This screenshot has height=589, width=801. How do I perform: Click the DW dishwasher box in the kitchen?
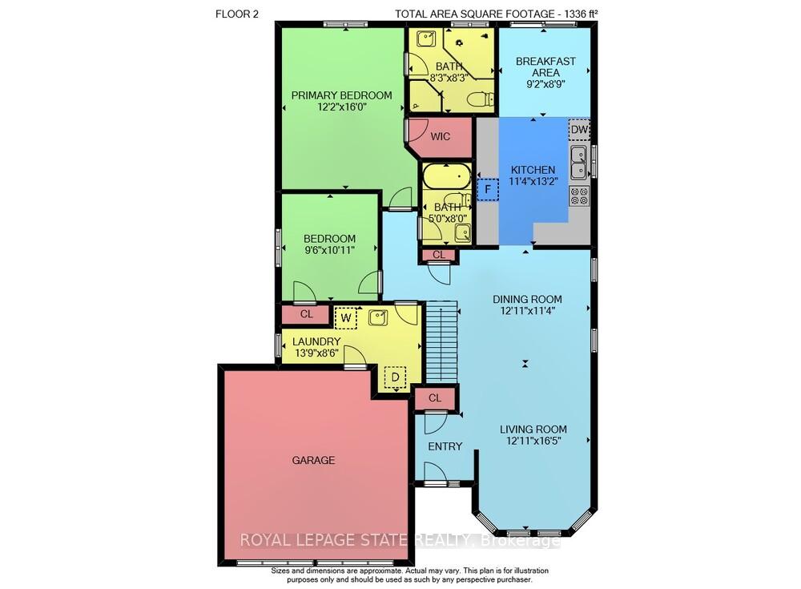click(x=579, y=129)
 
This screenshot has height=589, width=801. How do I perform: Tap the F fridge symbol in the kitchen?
click(x=488, y=190)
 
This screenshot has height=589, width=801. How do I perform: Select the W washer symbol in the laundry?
click(x=346, y=317)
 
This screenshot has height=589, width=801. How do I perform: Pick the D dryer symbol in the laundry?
click(x=395, y=377)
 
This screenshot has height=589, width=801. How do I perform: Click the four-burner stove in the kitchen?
click(x=579, y=196)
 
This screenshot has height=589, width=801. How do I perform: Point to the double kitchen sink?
click(x=579, y=163)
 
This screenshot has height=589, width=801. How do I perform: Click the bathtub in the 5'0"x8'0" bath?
click(x=446, y=176)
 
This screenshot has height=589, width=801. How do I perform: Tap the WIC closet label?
click(x=441, y=136)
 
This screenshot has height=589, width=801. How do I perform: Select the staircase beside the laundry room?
click(x=441, y=341)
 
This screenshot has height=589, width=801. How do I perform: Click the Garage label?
click(x=314, y=460)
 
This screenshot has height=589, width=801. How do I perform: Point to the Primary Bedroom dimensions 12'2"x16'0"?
click(x=342, y=107)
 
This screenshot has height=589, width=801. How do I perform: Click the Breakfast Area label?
click(x=545, y=67)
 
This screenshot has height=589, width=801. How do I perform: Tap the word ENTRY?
click(x=445, y=446)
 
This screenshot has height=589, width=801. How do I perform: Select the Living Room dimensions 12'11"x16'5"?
click(x=533, y=441)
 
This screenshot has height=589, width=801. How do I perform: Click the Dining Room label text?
click(x=527, y=299)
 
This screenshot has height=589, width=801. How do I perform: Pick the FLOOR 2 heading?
click(x=237, y=14)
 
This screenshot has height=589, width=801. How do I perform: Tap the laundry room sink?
click(x=377, y=317)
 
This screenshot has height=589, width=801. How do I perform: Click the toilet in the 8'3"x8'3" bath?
click(x=481, y=98)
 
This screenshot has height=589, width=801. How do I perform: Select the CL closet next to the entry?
click(x=435, y=397)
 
